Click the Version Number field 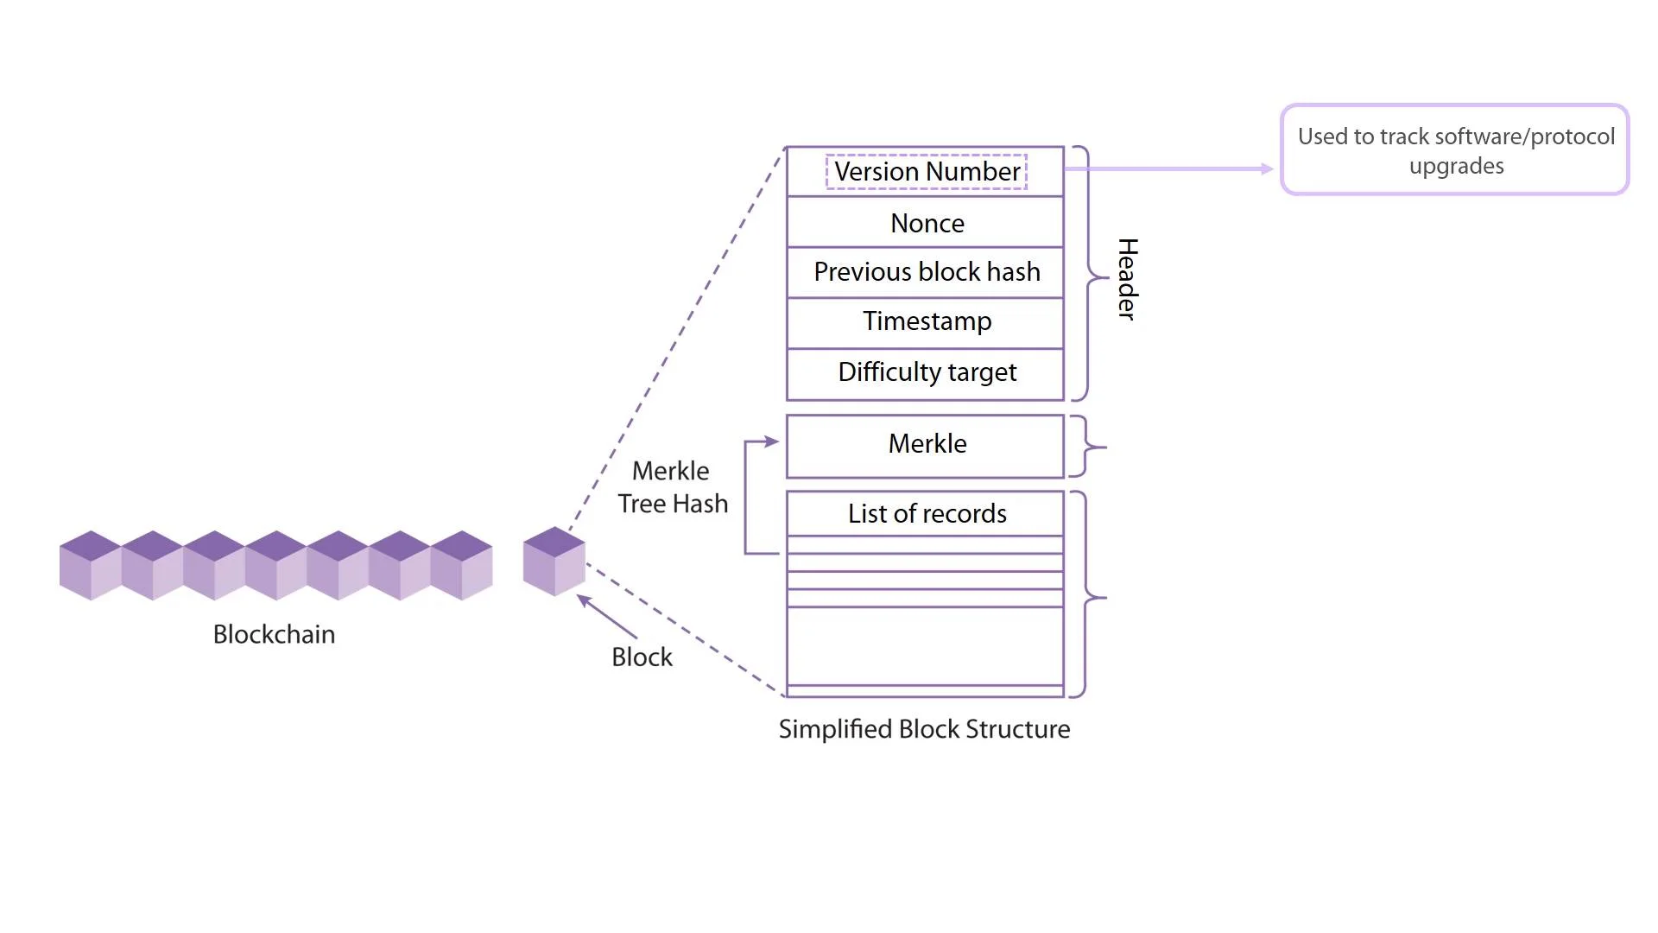[x=926, y=172]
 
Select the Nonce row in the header [x=926, y=223]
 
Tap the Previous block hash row [x=926, y=272]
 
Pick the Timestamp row [x=926, y=321]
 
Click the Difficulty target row [x=926, y=372]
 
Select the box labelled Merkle [x=926, y=445]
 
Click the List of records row [x=926, y=514]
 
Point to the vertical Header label [x=1127, y=279]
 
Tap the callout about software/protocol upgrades [x=1455, y=150]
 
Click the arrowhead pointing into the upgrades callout [x=1267, y=169]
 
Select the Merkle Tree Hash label [x=673, y=487]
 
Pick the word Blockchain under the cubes [x=274, y=635]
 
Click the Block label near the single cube [x=642, y=657]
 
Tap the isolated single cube [x=554, y=562]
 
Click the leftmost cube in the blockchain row [x=91, y=566]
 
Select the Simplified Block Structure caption [x=924, y=730]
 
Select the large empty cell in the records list [x=926, y=646]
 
